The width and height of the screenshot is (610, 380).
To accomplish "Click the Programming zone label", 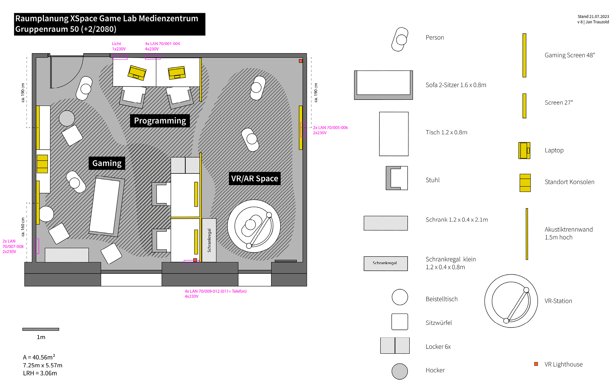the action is click(x=160, y=121).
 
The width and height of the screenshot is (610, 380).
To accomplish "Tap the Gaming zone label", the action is click(x=107, y=163).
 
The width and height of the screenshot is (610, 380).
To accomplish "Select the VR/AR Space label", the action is click(x=255, y=179).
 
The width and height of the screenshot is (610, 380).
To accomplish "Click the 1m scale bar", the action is click(x=41, y=329).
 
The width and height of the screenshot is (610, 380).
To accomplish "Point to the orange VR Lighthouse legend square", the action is click(x=536, y=364).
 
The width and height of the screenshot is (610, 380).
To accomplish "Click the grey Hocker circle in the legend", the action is click(x=400, y=371).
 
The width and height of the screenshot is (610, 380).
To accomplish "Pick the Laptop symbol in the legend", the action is click(x=524, y=150).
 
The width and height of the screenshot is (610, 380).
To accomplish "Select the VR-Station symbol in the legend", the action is click(x=511, y=301).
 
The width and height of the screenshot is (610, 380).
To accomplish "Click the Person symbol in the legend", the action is click(x=400, y=39).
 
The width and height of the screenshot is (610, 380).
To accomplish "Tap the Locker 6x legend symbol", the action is click(x=395, y=346).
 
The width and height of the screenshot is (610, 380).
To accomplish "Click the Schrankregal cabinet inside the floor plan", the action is click(x=209, y=240).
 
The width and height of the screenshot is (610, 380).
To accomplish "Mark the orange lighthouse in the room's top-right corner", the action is click(x=301, y=61).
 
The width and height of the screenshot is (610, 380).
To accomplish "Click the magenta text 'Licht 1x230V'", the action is click(x=119, y=46).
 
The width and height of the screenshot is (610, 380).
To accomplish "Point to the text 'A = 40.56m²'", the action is click(x=39, y=357).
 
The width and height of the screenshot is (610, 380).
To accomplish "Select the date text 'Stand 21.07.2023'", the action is click(x=593, y=16).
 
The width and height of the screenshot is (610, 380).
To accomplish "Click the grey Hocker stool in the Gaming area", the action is click(x=67, y=118).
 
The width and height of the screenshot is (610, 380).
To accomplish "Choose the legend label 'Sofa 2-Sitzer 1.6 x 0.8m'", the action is click(x=456, y=85).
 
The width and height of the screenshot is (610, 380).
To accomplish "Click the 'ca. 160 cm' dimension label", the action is click(x=23, y=227).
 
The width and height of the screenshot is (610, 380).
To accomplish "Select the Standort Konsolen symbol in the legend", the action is click(x=525, y=183).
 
